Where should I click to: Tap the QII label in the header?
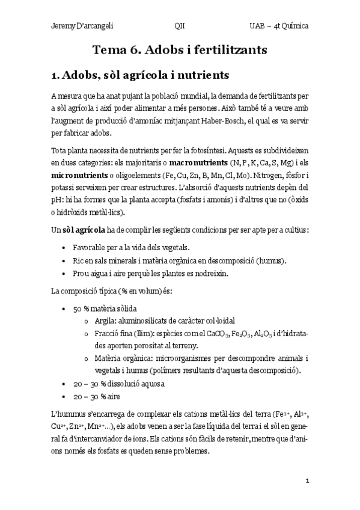tap(179, 27)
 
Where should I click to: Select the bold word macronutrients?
tap(199, 162)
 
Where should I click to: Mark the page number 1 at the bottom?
tap(307, 481)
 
